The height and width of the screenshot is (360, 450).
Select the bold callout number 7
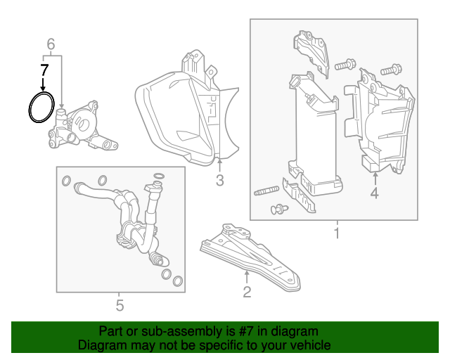pyautogui.click(x=44, y=70)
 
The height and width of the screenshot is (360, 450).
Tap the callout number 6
pyautogui.click(x=51, y=45)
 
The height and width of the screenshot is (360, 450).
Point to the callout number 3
pyautogui.click(x=219, y=181)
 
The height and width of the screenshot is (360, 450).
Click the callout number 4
pyautogui.click(x=374, y=192)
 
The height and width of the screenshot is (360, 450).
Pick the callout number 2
pyautogui.click(x=247, y=291)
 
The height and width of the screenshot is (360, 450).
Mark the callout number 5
pyautogui.click(x=120, y=305)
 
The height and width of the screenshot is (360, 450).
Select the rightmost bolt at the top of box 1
pyautogui.click(x=391, y=70)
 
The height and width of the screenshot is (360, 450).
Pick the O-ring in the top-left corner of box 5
pyautogui.click(x=65, y=181)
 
